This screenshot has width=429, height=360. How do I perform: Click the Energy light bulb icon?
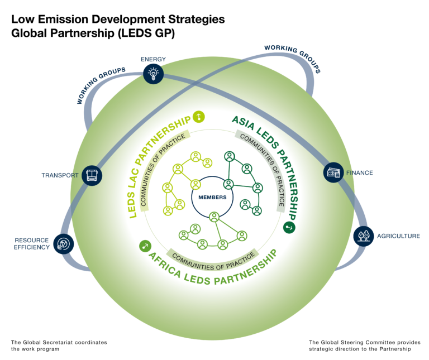pyautogui.click(x=153, y=74)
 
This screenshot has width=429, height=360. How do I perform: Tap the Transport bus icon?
pyautogui.click(x=92, y=175)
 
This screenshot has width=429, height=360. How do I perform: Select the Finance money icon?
pyautogui.click(x=333, y=172)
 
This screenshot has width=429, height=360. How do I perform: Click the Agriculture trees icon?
pyautogui.click(x=363, y=236)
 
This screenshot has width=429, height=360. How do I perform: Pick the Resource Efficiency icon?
pyautogui.click(x=64, y=243)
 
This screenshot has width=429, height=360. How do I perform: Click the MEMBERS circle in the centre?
pyautogui.click(x=212, y=197)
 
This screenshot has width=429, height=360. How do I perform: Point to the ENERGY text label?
pyautogui.click(x=153, y=59)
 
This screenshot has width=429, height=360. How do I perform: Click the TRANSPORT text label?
pyautogui.click(x=60, y=175)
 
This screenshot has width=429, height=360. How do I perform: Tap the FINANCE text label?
pyautogui.click(x=360, y=173)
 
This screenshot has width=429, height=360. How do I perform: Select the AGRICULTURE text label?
pyautogui.click(x=398, y=236)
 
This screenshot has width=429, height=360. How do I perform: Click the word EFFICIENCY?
pyautogui.click(x=32, y=247)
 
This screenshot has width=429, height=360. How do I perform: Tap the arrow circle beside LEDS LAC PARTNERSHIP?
pyautogui.click(x=199, y=117)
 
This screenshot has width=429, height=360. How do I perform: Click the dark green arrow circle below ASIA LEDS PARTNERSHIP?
pyautogui.click(x=289, y=227)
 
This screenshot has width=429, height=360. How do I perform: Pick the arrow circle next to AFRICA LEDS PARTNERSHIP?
pyautogui.click(x=145, y=246)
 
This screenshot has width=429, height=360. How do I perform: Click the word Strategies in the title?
pyautogui.click(x=197, y=20)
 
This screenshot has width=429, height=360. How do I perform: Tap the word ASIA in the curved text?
pyautogui.click(x=243, y=122)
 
